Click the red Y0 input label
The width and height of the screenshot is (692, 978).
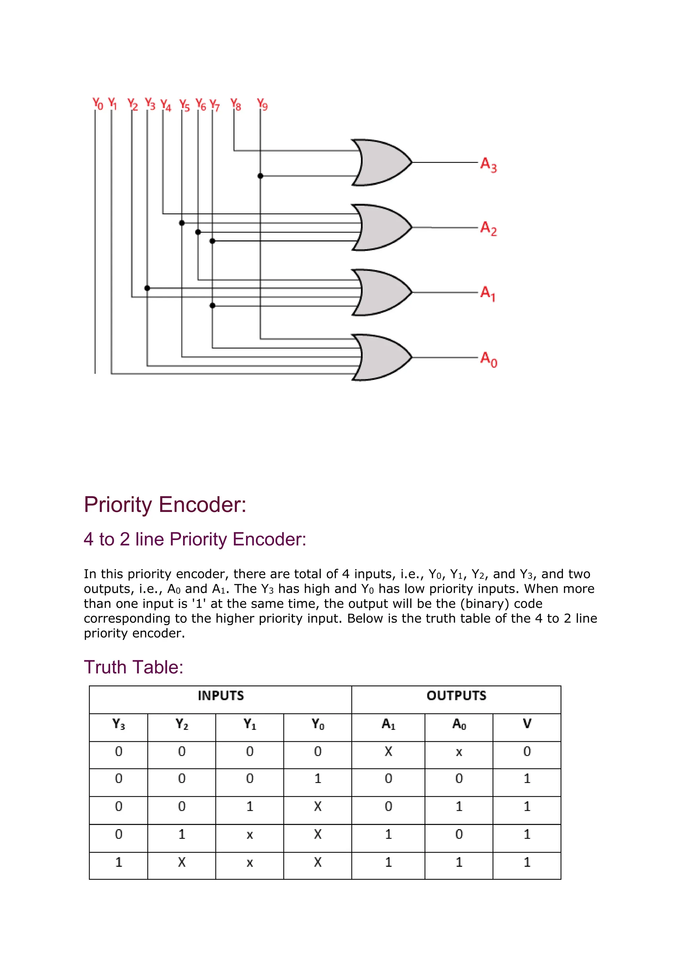click(98, 104)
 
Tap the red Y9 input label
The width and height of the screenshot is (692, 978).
click(262, 104)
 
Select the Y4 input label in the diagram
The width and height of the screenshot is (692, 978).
click(165, 105)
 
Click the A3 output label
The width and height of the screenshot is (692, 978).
click(488, 164)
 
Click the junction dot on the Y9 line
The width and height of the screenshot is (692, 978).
click(261, 176)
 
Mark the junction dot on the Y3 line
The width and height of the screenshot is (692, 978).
click(147, 288)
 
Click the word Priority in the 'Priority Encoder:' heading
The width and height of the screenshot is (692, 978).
click(118, 505)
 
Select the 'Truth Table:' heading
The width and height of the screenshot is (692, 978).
click(133, 667)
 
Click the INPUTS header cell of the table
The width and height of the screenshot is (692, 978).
click(221, 696)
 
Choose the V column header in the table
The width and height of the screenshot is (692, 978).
click(527, 724)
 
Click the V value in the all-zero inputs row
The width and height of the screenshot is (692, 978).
click(527, 751)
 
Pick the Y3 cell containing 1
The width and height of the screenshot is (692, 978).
click(119, 863)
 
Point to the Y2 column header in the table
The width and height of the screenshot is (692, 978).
click(182, 724)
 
